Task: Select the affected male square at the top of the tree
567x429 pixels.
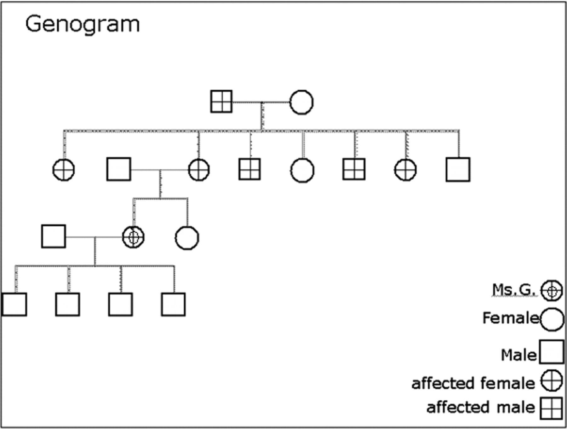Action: (221, 101)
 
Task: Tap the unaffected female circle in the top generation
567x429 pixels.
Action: (301, 102)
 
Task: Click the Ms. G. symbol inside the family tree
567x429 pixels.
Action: (133, 237)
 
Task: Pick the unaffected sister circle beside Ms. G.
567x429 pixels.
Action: (187, 238)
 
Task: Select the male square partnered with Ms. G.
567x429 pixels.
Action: (54, 236)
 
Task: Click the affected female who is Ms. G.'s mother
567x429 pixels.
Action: (199, 170)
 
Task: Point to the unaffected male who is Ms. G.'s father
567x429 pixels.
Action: (119, 169)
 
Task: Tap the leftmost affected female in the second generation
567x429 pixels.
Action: (64, 170)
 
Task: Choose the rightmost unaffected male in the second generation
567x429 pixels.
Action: (458, 170)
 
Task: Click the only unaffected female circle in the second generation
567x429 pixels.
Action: (302, 171)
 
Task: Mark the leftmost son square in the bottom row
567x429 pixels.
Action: (14, 304)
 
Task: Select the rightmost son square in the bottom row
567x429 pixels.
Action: (173, 304)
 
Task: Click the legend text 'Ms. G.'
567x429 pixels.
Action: (514, 290)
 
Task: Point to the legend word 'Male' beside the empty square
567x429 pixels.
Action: (519, 355)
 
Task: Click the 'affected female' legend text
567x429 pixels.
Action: (473, 383)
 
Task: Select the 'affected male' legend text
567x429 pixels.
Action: (481, 407)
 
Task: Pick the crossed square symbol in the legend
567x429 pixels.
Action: (551, 409)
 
